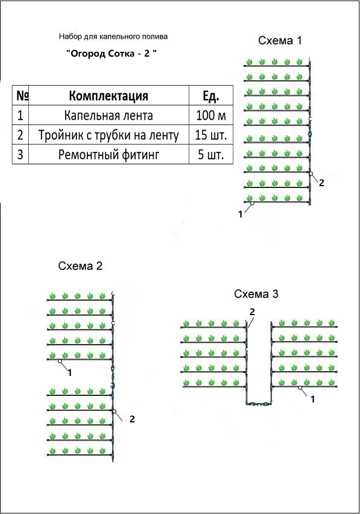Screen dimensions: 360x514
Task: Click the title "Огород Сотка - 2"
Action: pos(111,54)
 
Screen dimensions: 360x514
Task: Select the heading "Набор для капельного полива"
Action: pos(113,36)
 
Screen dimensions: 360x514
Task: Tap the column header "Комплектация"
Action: pos(109,96)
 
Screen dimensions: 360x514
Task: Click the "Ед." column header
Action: pos(210,96)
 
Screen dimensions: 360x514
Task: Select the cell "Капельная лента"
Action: pos(109,115)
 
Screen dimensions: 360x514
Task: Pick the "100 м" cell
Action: pos(211,115)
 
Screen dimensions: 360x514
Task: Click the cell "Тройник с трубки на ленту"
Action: pos(109,135)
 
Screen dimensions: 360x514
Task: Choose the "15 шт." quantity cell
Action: pos(211,135)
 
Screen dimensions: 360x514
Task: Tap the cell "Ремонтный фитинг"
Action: pos(109,154)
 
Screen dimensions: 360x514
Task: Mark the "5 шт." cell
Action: pos(211,154)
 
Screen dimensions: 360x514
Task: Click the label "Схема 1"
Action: pos(280,40)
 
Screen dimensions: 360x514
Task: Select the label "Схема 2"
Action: pos(80,266)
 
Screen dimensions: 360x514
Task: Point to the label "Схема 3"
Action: pos(256,294)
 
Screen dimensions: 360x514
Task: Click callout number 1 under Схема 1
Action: pos(241,215)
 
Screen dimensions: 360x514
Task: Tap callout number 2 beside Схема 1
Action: pos(321,183)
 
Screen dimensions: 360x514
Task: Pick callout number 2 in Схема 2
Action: pos(132,419)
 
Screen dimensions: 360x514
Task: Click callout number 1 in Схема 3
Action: pos(313,400)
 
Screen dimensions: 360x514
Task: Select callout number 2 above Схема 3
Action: pos(252,312)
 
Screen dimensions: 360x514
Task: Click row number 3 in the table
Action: pos(21,154)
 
